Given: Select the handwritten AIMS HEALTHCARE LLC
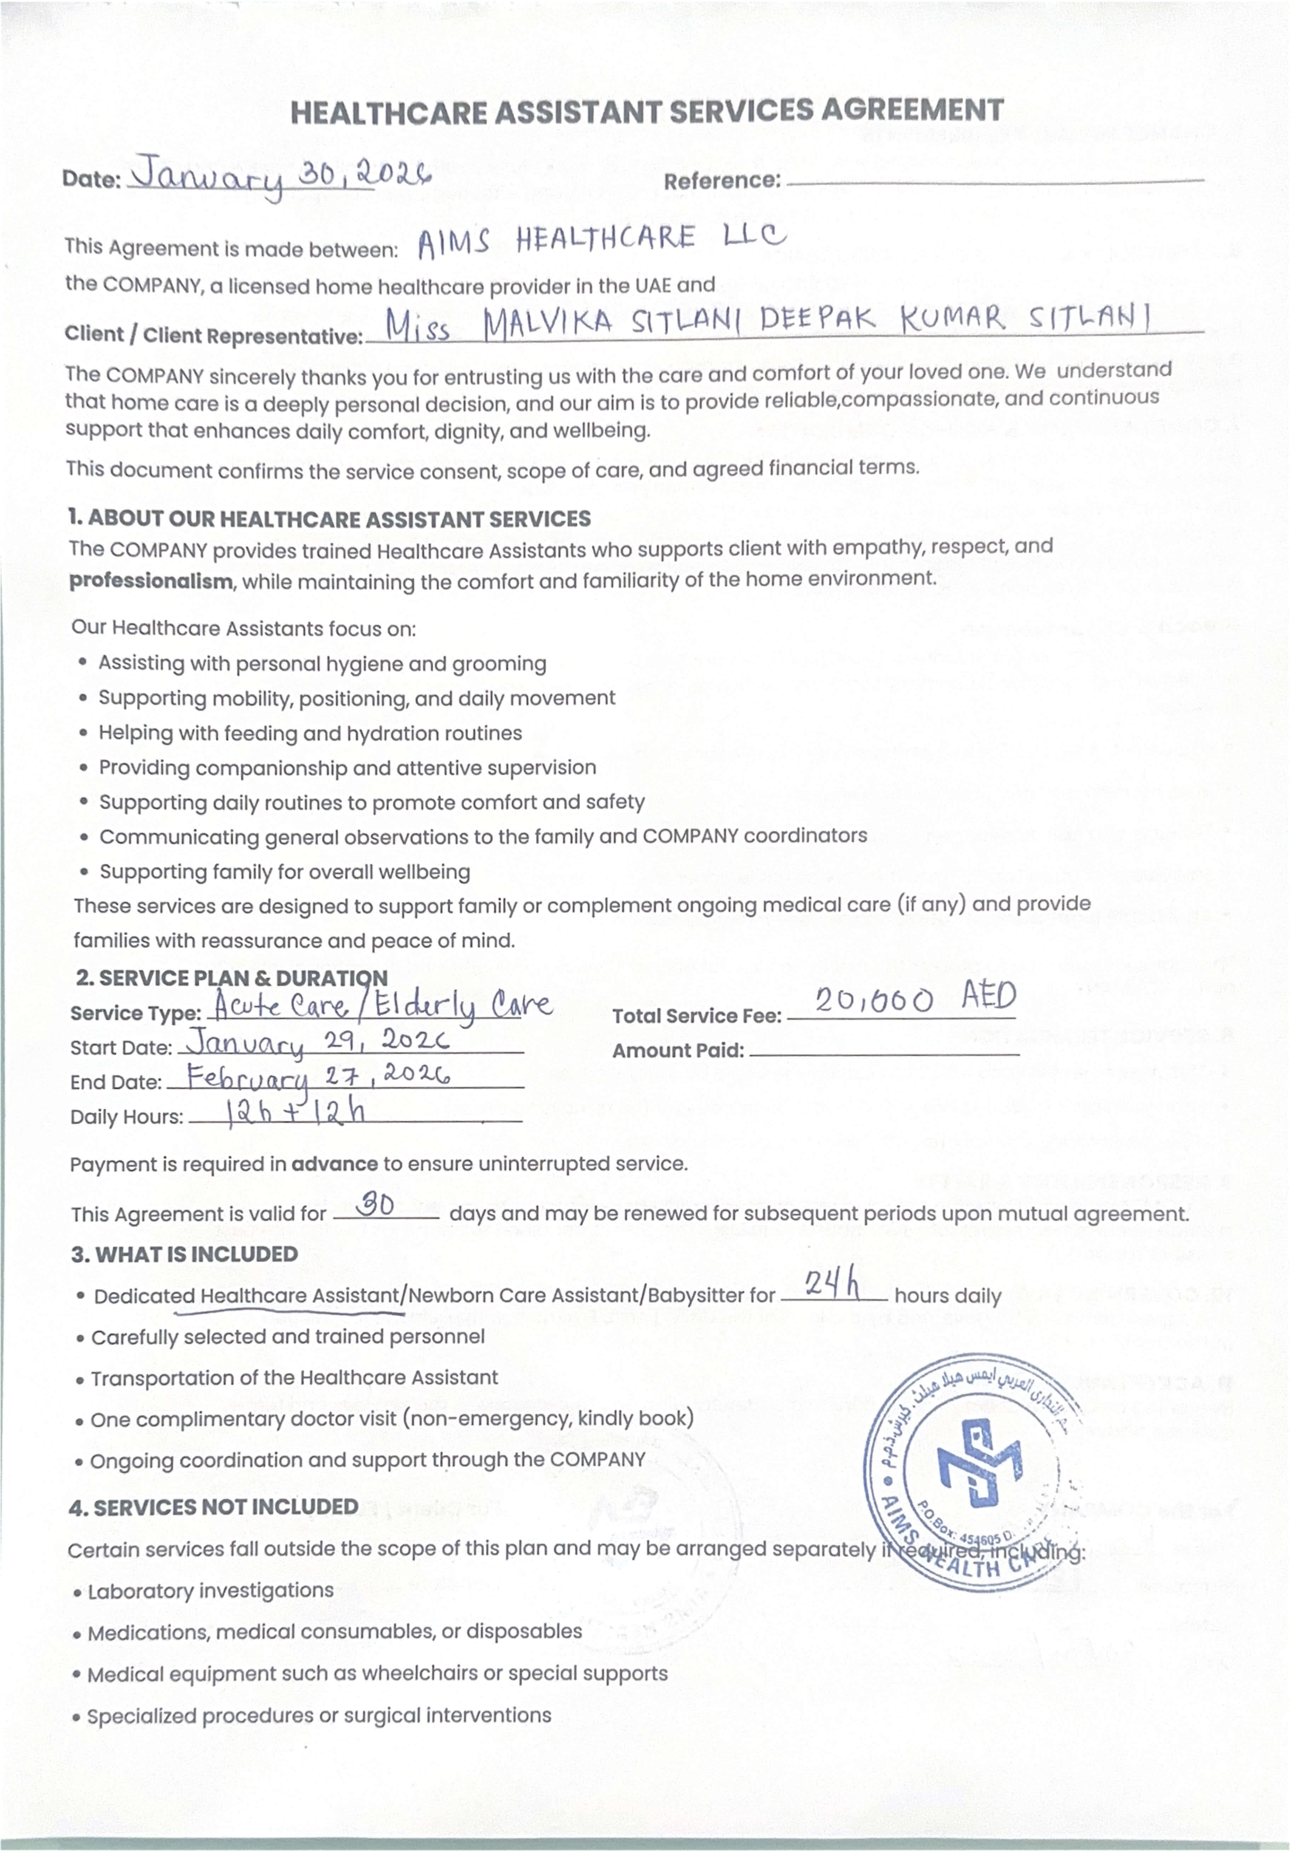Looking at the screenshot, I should point(601,240).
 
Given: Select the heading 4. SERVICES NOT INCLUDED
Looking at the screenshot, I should point(214,1507).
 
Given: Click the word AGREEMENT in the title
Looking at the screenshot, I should point(912,110).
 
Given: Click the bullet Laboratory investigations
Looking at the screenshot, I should point(211,1591).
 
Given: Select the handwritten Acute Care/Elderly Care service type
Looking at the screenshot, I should point(380,1005).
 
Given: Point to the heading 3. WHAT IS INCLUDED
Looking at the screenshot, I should point(185,1254).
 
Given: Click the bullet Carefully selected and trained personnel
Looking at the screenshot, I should point(288,1336).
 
